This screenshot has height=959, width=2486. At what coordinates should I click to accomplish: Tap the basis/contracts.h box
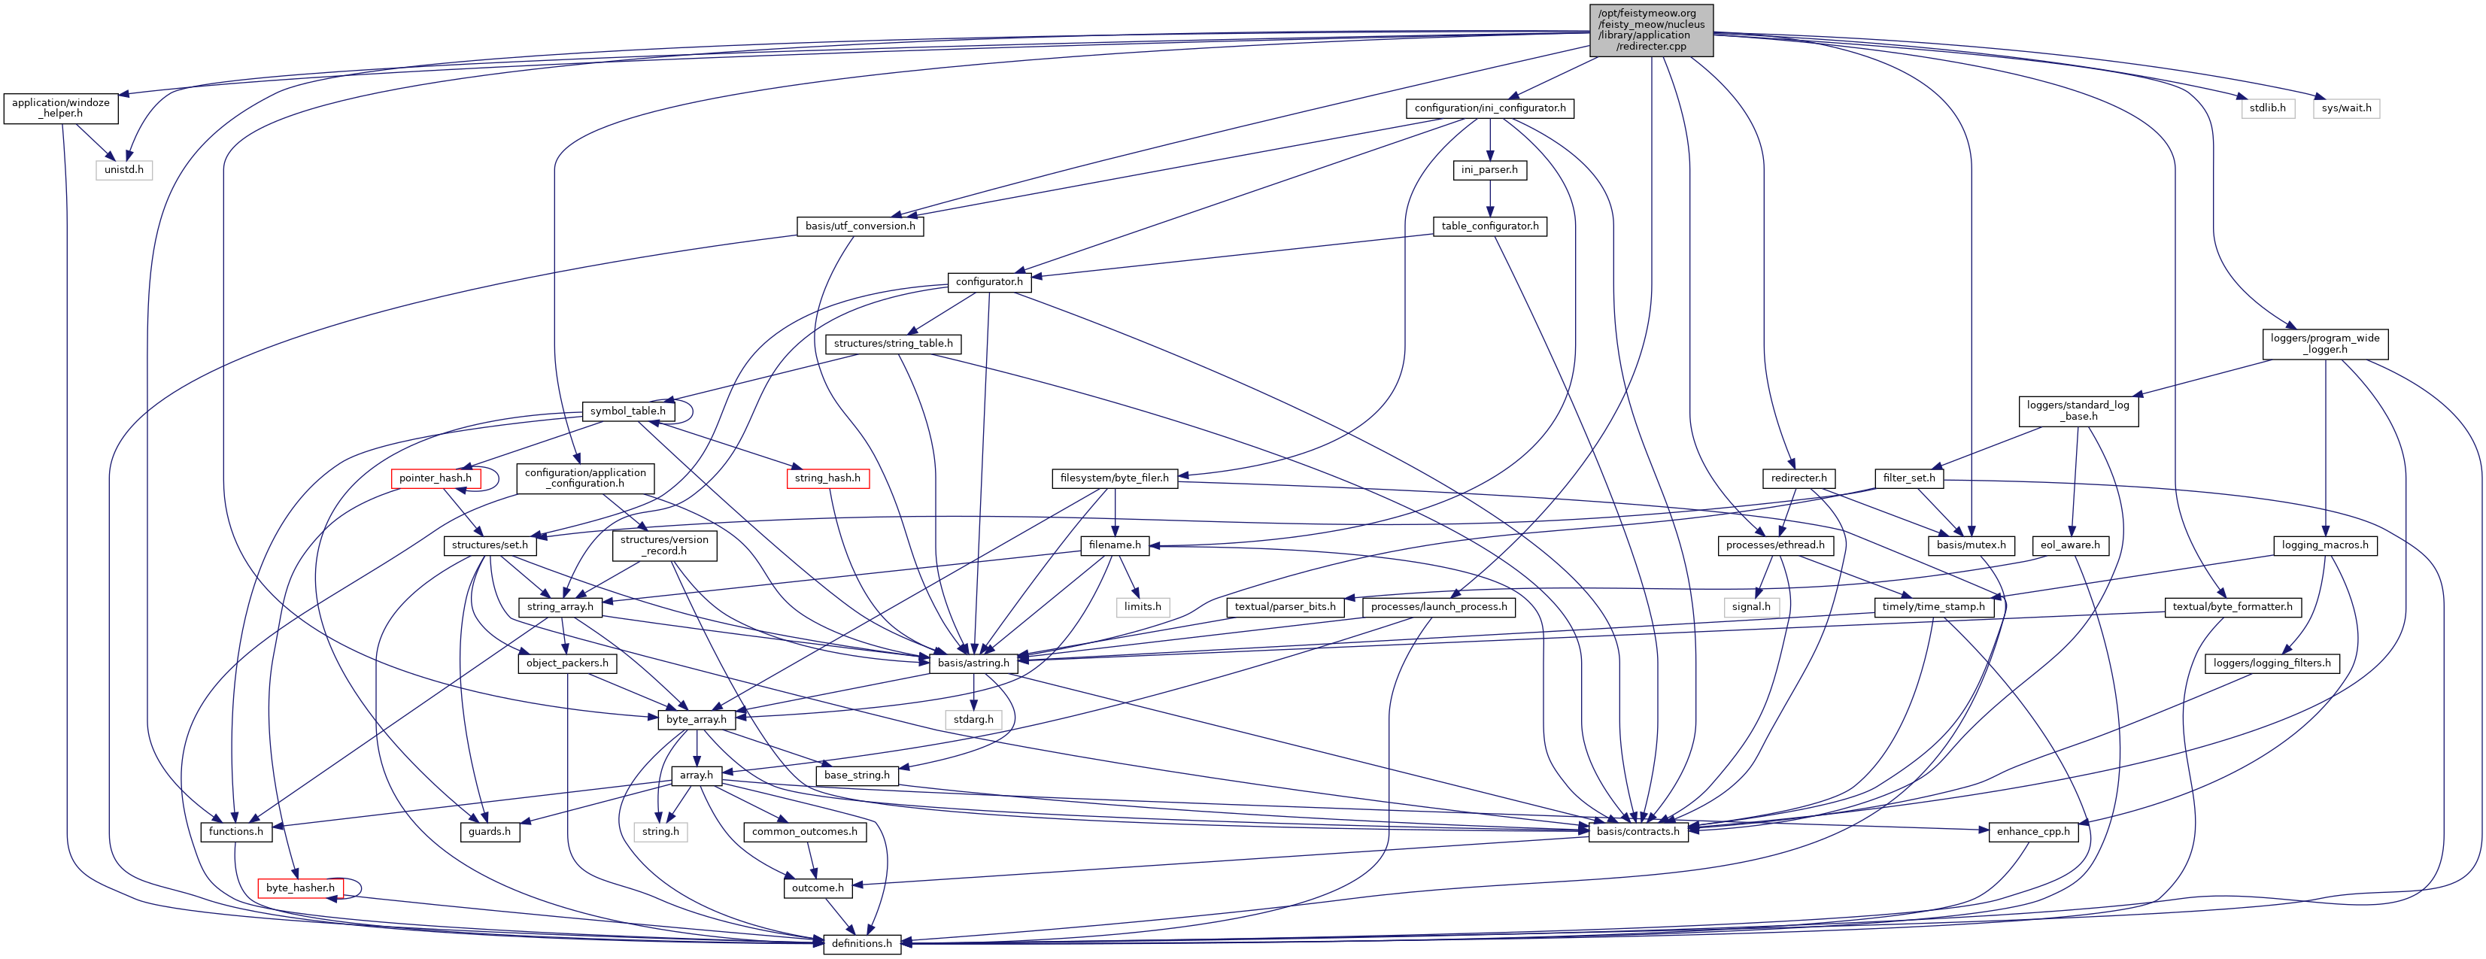pos(1638,830)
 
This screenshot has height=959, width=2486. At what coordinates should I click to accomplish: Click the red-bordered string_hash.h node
pos(827,478)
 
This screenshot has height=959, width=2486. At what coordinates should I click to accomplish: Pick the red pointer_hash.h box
pos(436,478)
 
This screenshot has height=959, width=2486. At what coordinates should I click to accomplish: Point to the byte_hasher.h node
pos(300,888)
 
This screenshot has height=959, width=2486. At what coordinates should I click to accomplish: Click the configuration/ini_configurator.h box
pos(1489,108)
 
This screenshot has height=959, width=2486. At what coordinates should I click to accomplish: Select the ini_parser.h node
pos(1489,170)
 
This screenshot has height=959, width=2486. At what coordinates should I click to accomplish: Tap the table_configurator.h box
pos(1489,226)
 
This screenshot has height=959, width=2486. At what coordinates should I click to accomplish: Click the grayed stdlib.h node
pos(2267,108)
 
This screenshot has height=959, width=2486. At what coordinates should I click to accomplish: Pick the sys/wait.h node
pos(2346,108)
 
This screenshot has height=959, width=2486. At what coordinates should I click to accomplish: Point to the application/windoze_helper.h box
pos(61,108)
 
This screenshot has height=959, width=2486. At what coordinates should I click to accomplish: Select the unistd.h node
pos(123,170)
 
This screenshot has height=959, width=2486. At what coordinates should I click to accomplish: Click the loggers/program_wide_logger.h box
pos(2325,344)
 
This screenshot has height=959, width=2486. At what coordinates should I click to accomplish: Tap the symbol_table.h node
pos(627,411)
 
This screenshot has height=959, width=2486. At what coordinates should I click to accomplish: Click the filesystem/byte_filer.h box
pos(1114,478)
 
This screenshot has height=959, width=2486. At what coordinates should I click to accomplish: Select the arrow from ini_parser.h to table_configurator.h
pos(1489,198)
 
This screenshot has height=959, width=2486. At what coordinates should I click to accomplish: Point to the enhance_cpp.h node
pos(2032,830)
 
